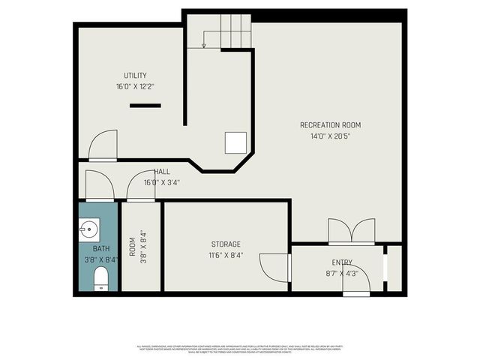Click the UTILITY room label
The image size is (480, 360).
135,76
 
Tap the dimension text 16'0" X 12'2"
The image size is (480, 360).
135,87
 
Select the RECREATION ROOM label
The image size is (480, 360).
330,125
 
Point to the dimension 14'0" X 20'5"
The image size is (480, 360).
330,136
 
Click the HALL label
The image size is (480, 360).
161,172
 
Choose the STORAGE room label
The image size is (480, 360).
225,244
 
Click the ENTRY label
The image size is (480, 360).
342,262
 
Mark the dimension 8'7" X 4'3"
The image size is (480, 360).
342,273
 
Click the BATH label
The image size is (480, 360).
100,249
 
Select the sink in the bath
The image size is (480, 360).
88,228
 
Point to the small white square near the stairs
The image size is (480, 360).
235,142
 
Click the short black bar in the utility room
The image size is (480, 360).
145,106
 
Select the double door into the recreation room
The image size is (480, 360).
351,232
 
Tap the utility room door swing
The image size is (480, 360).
103,145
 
